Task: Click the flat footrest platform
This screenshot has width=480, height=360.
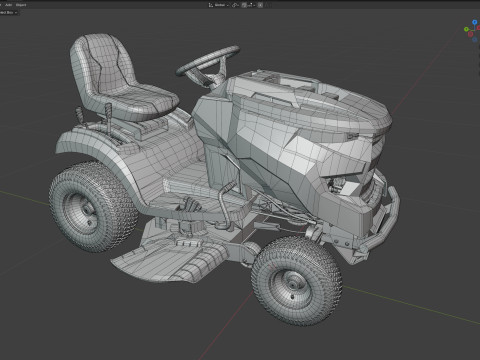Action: [x=175, y=180]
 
